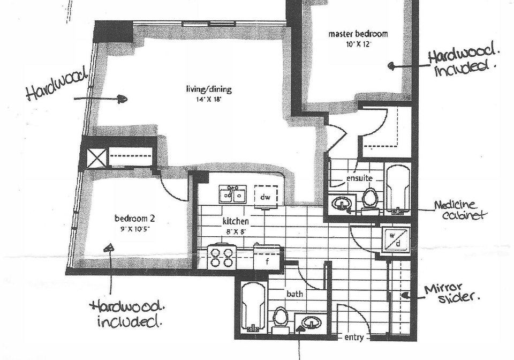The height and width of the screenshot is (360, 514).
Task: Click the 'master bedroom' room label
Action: [358, 34]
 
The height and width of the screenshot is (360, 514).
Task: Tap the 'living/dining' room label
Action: [209, 89]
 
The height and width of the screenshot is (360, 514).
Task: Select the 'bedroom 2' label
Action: [135, 218]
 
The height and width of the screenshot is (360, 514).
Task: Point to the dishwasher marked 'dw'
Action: [266, 197]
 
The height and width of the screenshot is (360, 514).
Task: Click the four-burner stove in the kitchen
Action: [222, 257]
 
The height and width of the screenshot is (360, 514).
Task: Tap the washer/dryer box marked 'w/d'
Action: [396, 239]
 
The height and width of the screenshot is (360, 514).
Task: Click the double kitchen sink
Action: [233, 194]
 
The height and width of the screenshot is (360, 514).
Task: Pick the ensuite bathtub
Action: [398, 190]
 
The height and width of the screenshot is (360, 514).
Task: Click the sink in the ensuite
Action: [342, 204]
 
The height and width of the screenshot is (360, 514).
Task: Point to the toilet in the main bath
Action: [281, 320]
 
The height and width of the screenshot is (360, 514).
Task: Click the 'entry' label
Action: [354, 337]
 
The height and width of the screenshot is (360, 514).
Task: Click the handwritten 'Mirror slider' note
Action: [452, 293]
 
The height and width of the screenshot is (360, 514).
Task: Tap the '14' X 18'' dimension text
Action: [209, 99]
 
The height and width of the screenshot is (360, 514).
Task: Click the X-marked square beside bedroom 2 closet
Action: [97, 158]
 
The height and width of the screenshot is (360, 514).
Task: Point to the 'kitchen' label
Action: [236, 221]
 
